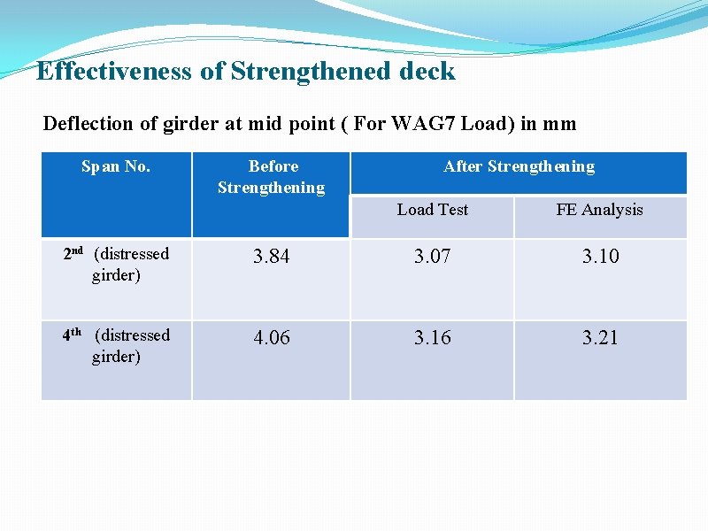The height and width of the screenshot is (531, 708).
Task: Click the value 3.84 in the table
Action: (x=271, y=257)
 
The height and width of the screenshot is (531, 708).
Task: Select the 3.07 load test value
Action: (x=433, y=257)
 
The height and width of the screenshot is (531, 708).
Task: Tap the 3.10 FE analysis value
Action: (x=600, y=257)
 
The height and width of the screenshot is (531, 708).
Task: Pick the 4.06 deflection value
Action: (x=271, y=338)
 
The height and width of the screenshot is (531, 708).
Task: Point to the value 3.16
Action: (x=433, y=338)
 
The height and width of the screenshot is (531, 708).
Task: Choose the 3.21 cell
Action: (x=600, y=338)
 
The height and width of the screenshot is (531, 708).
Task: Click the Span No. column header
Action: (x=115, y=166)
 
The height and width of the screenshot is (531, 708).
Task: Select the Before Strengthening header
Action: (x=272, y=177)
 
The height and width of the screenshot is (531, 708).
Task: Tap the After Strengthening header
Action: (x=519, y=166)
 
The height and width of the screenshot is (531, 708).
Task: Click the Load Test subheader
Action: (x=433, y=210)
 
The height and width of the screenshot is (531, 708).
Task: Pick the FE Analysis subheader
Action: (x=600, y=210)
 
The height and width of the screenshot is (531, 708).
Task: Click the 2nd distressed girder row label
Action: (x=117, y=265)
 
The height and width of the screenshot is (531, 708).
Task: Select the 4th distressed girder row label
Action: (x=117, y=346)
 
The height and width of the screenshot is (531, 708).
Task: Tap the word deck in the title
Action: (x=427, y=72)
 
